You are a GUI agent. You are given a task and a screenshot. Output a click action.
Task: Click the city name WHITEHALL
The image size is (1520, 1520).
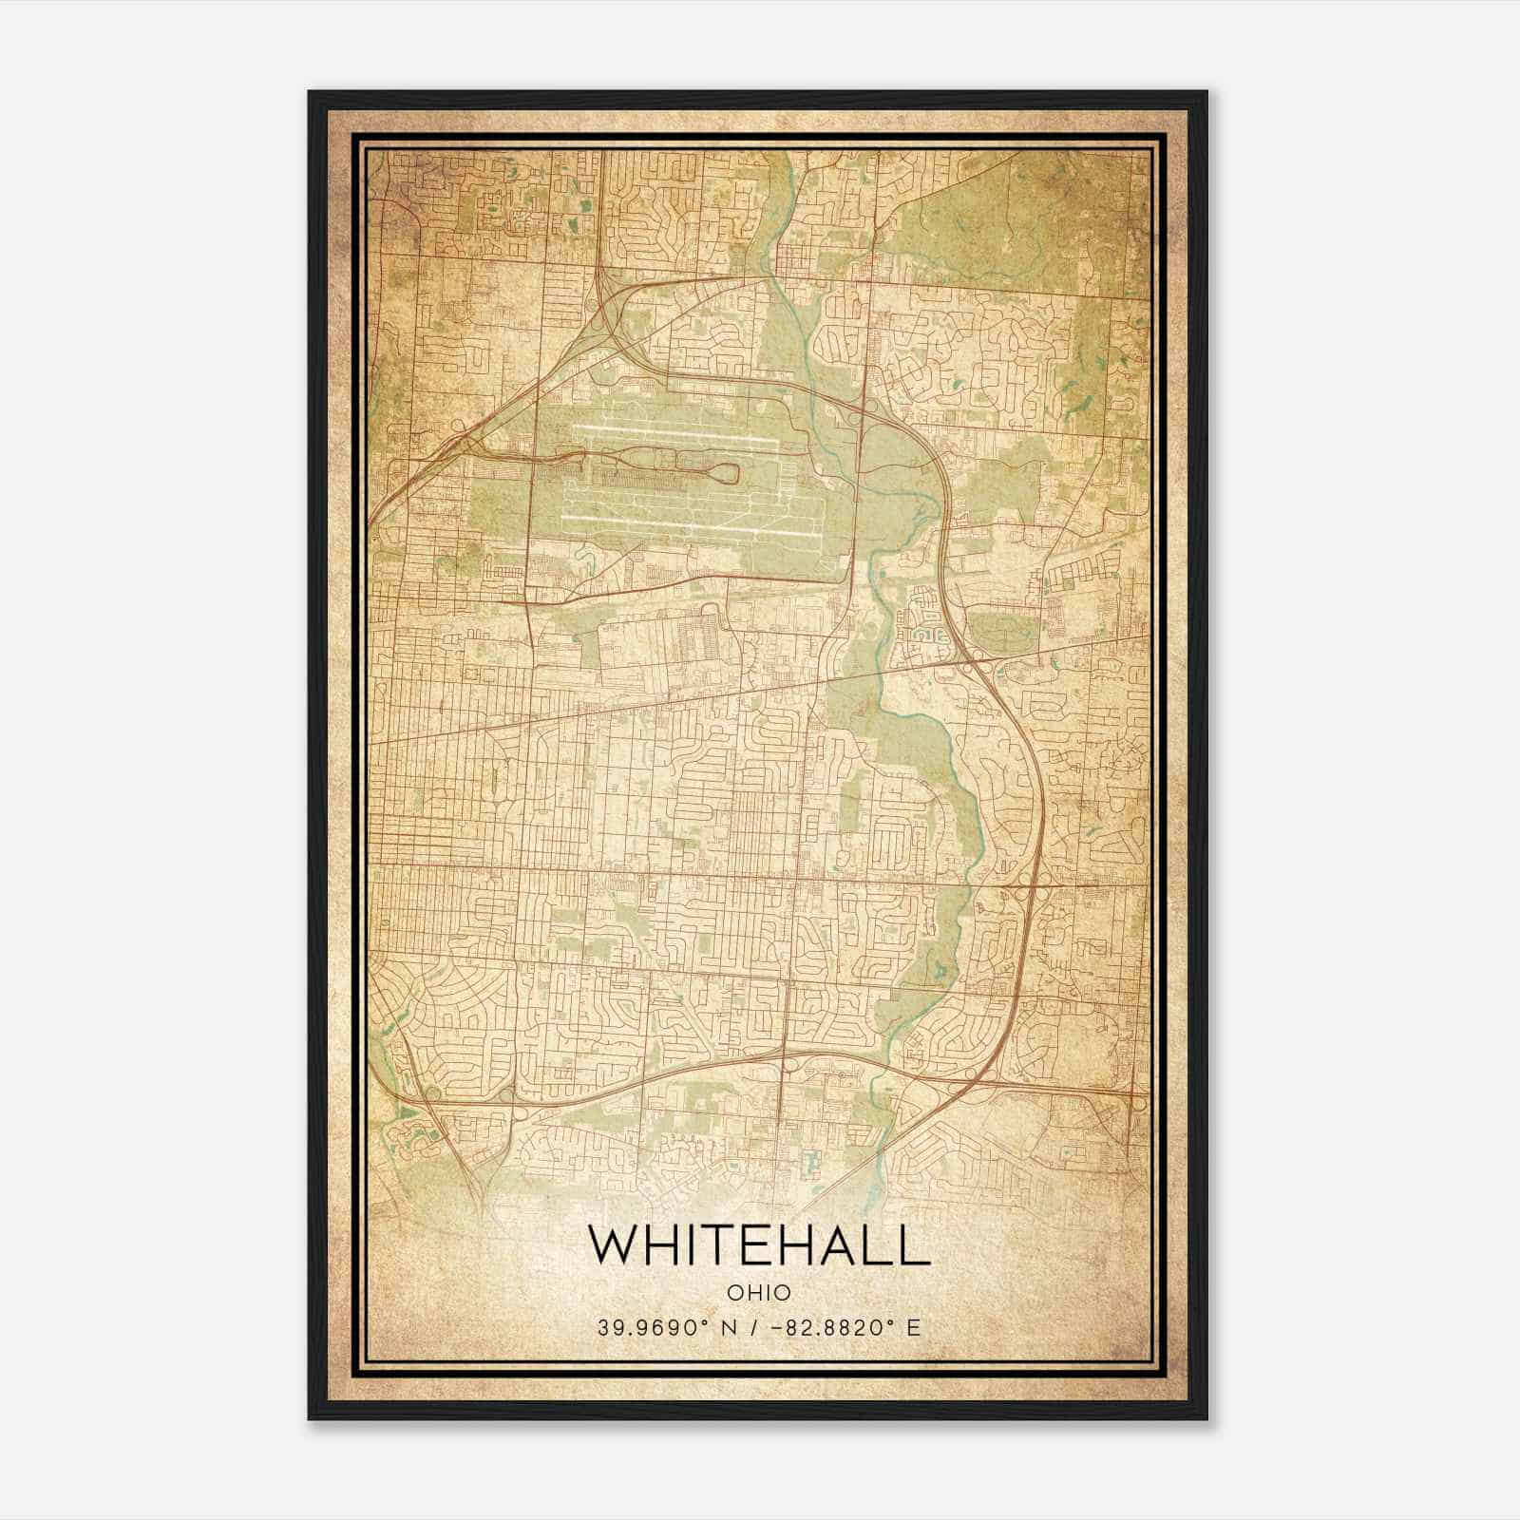pyautogui.click(x=759, y=1245)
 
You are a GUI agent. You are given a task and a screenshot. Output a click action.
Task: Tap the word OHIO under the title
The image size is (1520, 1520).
pyautogui.click(x=759, y=1292)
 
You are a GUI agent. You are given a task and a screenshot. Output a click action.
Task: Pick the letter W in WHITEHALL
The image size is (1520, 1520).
pyautogui.click(x=614, y=1245)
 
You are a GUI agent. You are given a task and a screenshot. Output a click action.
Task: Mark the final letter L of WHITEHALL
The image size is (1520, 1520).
pyautogui.click(x=916, y=1245)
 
